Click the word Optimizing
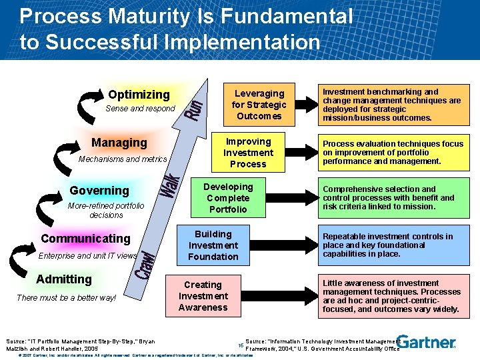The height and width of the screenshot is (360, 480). pyautogui.click(x=139, y=95)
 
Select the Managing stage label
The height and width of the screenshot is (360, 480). pyautogui.click(x=119, y=142)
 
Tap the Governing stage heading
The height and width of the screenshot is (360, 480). pyautogui.click(x=99, y=191)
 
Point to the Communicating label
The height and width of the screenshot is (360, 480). pyautogui.click(x=85, y=239)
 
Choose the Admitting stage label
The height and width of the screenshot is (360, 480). pyautogui.click(x=64, y=279)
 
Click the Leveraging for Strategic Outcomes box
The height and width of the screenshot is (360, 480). pyautogui.click(x=259, y=105)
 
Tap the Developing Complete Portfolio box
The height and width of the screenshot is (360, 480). pyautogui.click(x=228, y=198)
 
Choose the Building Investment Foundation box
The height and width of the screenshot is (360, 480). pyautogui.click(x=213, y=245)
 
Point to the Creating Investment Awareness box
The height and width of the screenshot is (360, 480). pyautogui.click(x=203, y=296)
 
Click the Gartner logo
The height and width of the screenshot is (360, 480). pyautogui.click(x=427, y=342)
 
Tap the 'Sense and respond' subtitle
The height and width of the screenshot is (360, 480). pyautogui.click(x=140, y=109)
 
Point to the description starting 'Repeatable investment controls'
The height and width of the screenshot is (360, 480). pyautogui.click(x=387, y=245)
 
